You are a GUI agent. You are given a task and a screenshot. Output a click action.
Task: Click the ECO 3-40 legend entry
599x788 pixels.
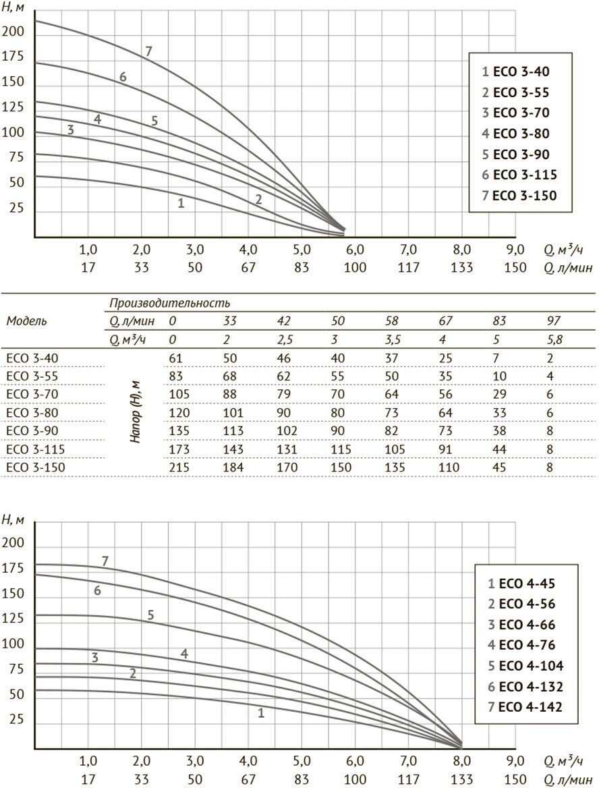(x=515, y=72)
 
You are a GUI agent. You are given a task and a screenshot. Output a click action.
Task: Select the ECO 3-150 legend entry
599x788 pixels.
(x=519, y=196)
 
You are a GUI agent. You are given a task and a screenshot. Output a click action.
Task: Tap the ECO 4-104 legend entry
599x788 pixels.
(x=525, y=666)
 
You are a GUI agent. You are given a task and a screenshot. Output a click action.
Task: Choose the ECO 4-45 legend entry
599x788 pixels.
(x=521, y=584)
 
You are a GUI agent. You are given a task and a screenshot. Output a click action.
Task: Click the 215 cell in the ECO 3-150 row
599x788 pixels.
(x=179, y=468)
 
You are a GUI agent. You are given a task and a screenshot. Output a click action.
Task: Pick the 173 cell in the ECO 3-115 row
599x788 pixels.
(x=179, y=449)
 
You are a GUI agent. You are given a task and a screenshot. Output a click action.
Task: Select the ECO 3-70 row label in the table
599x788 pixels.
(x=32, y=395)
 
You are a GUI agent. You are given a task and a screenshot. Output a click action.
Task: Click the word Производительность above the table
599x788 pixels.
(x=170, y=303)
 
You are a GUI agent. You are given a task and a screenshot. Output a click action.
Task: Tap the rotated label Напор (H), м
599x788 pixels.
(x=136, y=412)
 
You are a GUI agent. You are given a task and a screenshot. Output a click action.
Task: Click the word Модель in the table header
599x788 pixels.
(x=26, y=321)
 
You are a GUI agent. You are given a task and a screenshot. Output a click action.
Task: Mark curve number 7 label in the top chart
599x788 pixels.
(x=149, y=51)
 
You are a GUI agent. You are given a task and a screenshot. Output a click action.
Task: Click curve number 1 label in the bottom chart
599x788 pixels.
(x=261, y=712)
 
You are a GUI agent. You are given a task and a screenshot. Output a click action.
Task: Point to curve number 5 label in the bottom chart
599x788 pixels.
(x=150, y=615)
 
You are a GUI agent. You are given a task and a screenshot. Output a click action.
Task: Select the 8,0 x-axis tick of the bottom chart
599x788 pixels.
(x=462, y=760)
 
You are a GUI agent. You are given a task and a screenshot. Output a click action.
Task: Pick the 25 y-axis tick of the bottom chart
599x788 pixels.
(x=16, y=719)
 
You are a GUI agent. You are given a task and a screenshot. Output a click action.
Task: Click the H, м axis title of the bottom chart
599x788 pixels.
(x=13, y=520)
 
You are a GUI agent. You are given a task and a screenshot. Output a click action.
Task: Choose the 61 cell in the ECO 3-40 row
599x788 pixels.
(x=176, y=358)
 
